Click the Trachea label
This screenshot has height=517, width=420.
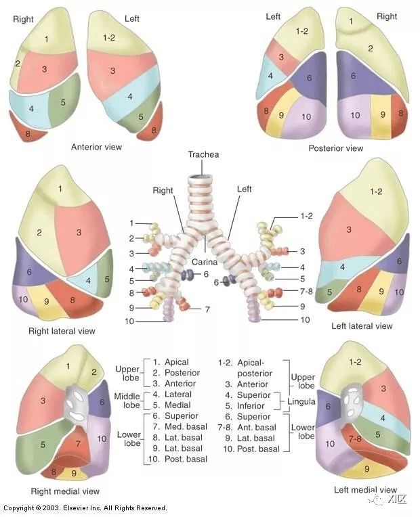(204, 155)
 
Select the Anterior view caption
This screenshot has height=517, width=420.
(97, 146)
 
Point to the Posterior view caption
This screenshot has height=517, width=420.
(335, 148)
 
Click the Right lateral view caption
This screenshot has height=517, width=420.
(62, 331)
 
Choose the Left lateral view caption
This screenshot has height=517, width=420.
(362, 326)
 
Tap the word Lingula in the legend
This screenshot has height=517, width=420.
(301, 401)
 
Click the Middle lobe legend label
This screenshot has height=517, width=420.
(127, 400)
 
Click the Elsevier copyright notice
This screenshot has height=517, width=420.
(85, 508)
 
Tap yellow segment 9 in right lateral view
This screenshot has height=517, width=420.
(46, 302)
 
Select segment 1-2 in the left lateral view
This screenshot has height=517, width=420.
(376, 192)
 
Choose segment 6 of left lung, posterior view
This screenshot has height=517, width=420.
(309, 78)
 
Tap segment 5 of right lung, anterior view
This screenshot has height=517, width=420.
(63, 102)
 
